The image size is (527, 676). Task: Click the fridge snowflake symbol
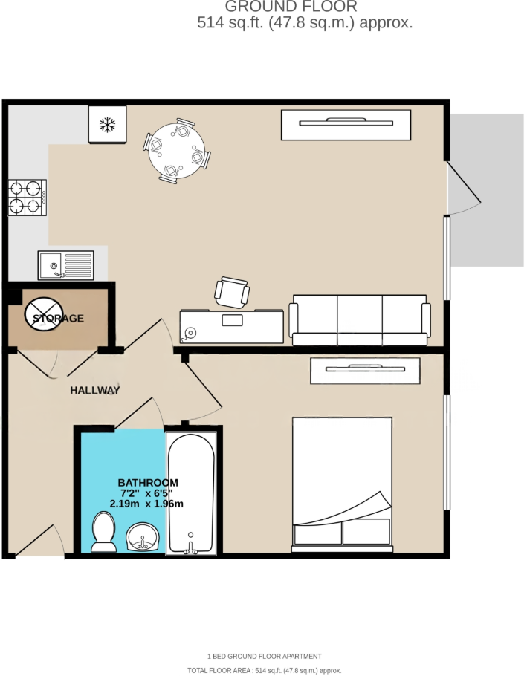(x=108, y=125)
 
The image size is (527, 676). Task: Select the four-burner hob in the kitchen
(x=27, y=198)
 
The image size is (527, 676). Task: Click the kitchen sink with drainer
(x=66, y=265)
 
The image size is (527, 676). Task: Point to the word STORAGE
(x=58, y=319)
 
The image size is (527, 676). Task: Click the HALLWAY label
(x=95, y=390)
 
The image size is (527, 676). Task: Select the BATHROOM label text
(x=148, y=482)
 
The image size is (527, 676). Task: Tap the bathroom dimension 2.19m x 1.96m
(x=146, y=504)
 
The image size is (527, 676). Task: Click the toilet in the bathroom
(x=103, y=533)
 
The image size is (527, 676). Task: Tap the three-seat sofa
(x=361, y=320)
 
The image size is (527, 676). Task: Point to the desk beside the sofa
(x=231, y=326)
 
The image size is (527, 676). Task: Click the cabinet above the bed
(x=365, y=370)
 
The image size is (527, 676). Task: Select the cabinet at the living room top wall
(x=346, y=124)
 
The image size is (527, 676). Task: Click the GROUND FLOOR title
(x=291, y=7)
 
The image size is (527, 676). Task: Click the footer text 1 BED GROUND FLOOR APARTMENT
(x=264, y=656)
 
